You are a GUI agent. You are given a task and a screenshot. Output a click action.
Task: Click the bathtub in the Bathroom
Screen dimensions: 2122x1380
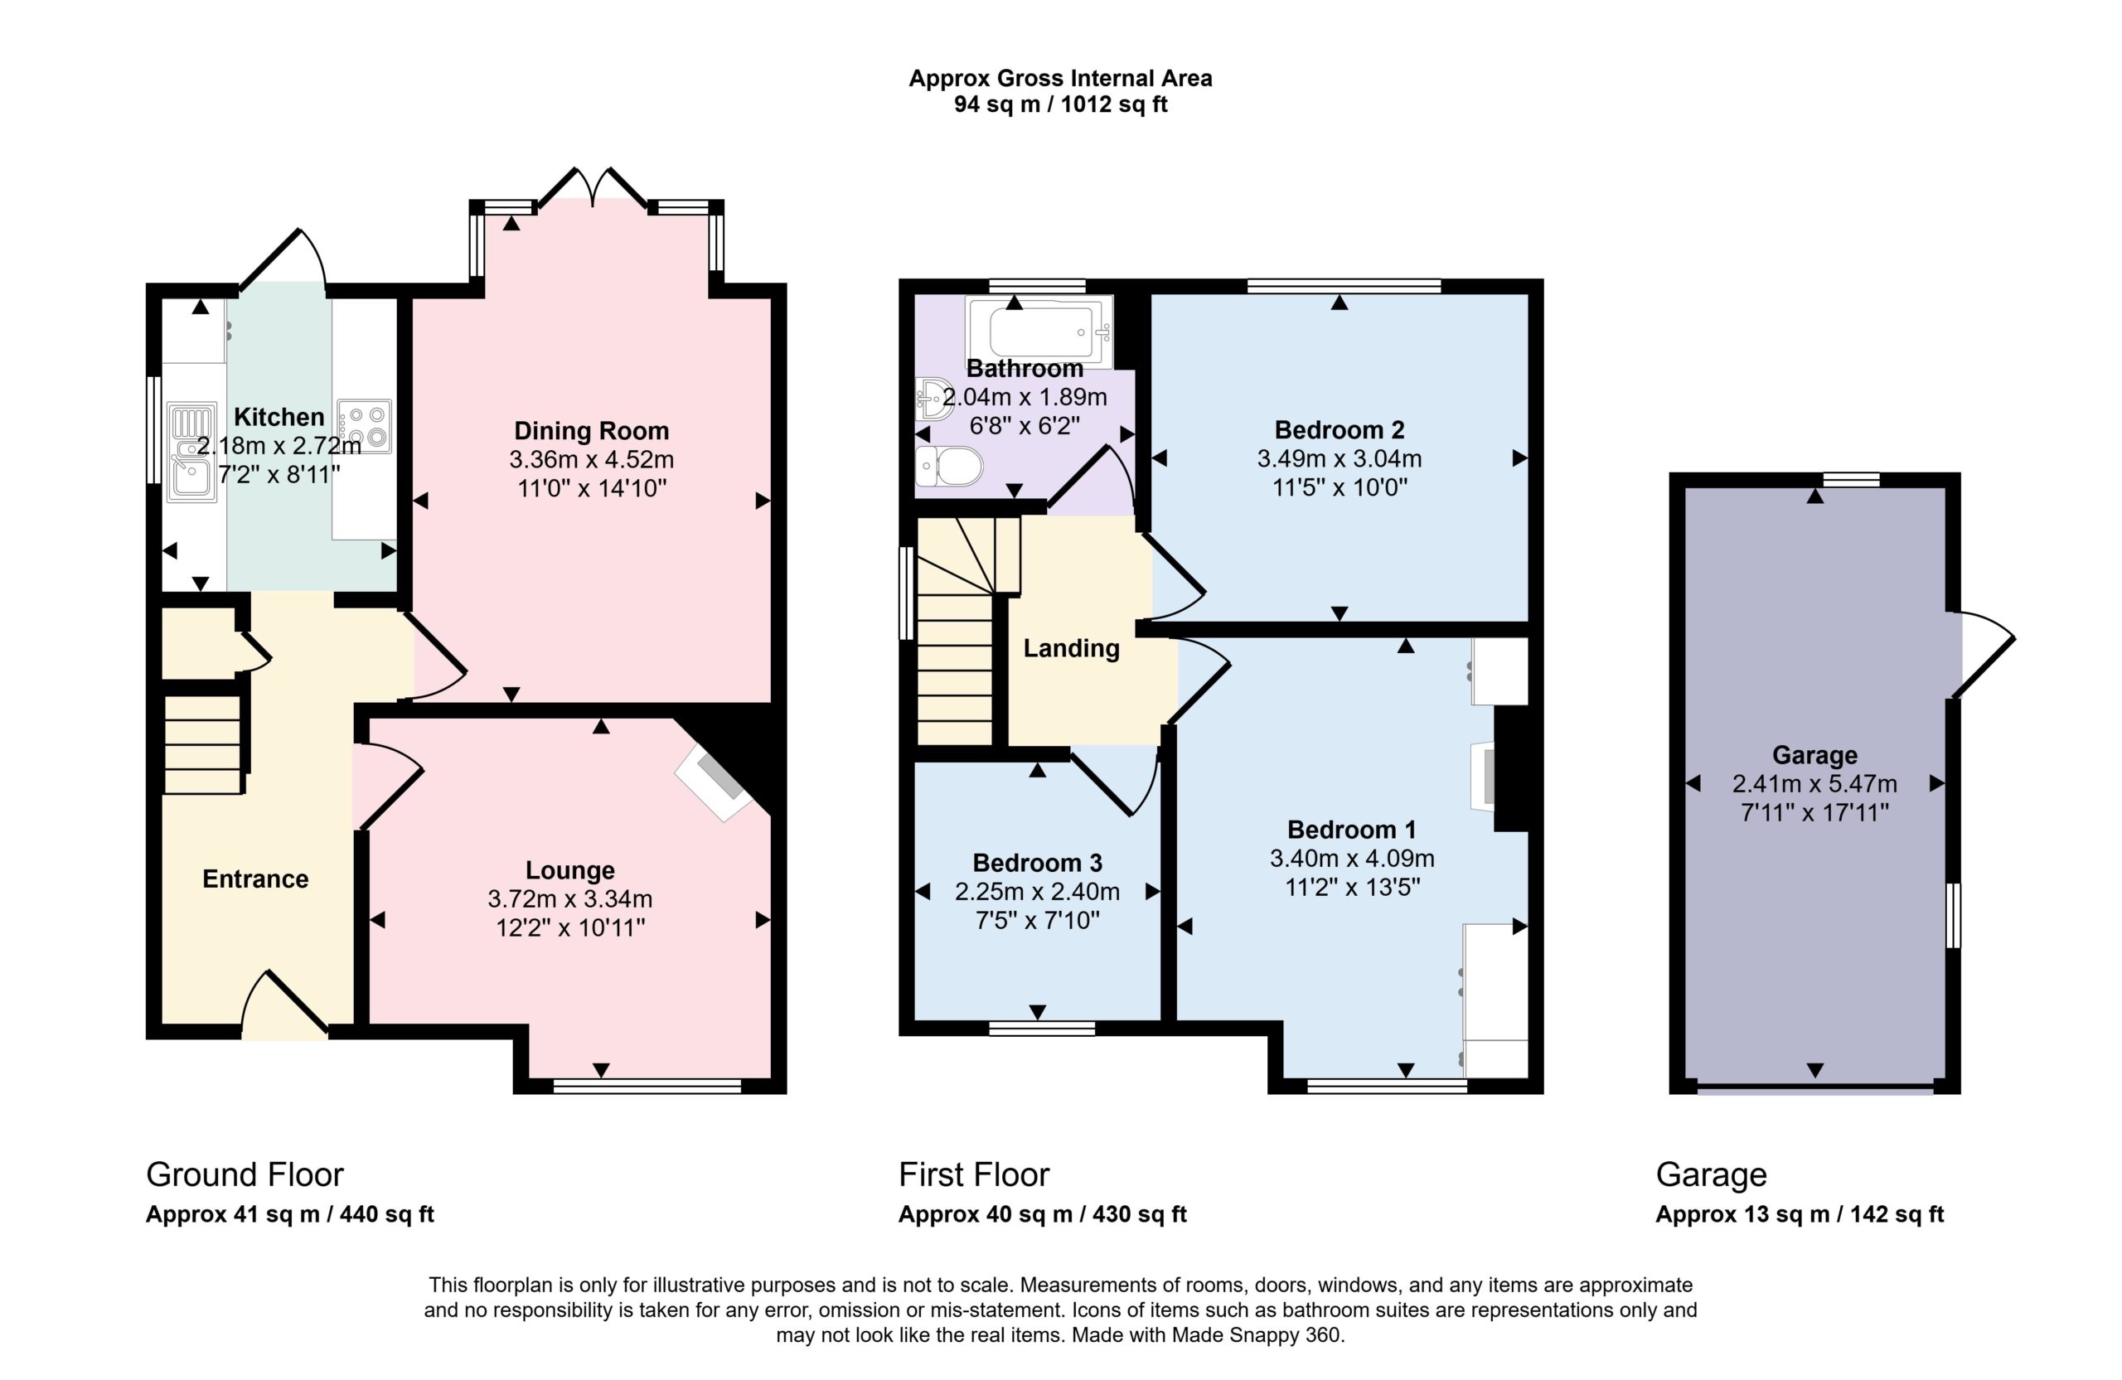(1039, 332)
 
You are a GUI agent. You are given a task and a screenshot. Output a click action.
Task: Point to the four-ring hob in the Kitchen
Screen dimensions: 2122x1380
(364, 425)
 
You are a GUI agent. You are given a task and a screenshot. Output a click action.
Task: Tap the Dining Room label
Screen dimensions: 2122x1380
(591, 432)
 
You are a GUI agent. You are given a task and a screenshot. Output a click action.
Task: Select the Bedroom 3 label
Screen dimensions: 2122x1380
(1037, 863)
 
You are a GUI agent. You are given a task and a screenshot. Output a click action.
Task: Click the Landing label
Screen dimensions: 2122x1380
(1071, 649)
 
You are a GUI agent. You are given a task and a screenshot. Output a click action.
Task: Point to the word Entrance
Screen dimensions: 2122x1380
(255, 879)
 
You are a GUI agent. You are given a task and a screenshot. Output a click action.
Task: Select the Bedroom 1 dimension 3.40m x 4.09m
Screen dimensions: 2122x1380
(1352, 859)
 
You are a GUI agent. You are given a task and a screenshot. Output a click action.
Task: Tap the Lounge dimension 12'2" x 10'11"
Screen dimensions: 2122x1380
(569, 928)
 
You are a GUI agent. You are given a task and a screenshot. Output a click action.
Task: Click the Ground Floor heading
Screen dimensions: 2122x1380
(245, 1175)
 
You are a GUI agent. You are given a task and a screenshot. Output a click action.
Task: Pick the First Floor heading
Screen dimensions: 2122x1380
(974, 1175)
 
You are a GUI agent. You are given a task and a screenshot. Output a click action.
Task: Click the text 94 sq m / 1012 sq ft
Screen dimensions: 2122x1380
(1060, 104)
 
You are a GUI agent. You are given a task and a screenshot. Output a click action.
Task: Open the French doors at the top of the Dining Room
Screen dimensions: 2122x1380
(592, 187)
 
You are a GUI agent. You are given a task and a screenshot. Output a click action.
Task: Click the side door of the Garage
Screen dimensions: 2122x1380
(1984, 656)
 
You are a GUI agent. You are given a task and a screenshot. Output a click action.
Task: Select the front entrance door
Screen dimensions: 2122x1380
(285, 1003)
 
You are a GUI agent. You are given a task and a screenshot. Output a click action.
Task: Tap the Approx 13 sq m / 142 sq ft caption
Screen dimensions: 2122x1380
(1800, 1214)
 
